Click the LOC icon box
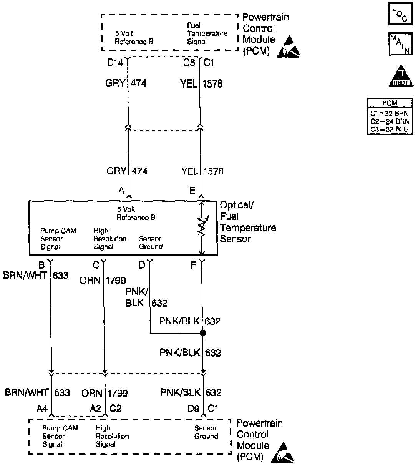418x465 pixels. (400, 14)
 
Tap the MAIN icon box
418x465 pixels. (400, 43)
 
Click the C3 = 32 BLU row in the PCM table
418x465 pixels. (390, 130)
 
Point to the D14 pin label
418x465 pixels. (115, 63)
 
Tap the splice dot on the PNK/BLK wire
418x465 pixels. (203, 333)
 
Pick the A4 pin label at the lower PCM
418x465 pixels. (42, 409)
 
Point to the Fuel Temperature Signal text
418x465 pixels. (207, 33)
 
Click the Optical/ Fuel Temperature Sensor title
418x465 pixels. (247, 222)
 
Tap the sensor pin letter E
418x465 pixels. (192, 190)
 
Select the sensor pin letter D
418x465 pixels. (142, 265)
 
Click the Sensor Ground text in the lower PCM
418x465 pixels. (206, 432)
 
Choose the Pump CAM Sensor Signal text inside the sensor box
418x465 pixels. (58, 239)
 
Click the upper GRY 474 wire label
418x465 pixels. (126, 83)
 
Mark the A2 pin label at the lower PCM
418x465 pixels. (96, 409)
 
